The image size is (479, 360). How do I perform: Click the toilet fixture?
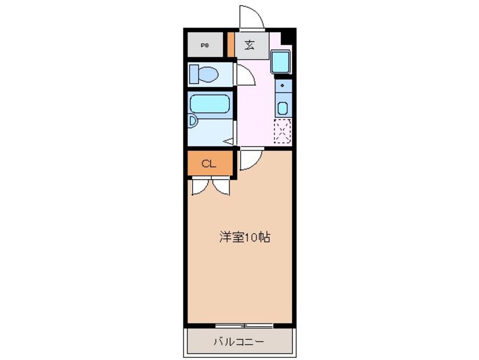pyautogui.click(x=204, y=74)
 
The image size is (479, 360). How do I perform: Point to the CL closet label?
pyautogui.click(x=209, y=165)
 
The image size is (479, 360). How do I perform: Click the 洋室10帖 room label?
pyautogui.click(x=244, y=237)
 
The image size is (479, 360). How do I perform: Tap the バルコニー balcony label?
pyautogui.click(x=238, y=342)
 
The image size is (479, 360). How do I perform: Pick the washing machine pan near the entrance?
pyautogui.click(x=281, y=62)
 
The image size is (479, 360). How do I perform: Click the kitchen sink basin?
pyautogui.click(x=283, y=108)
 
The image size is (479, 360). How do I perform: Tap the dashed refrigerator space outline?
pyautogui.click(x=283, y=132)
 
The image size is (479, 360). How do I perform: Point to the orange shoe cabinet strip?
pyautogui.click(x=231, y=45)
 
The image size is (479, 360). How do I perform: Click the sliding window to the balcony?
pyautogui.click(x=244, y=325)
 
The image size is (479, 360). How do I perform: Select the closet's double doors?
pyautogui.click(x=210, y=186)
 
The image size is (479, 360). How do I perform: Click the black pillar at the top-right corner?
pyautogui.click(x=288, y=36)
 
